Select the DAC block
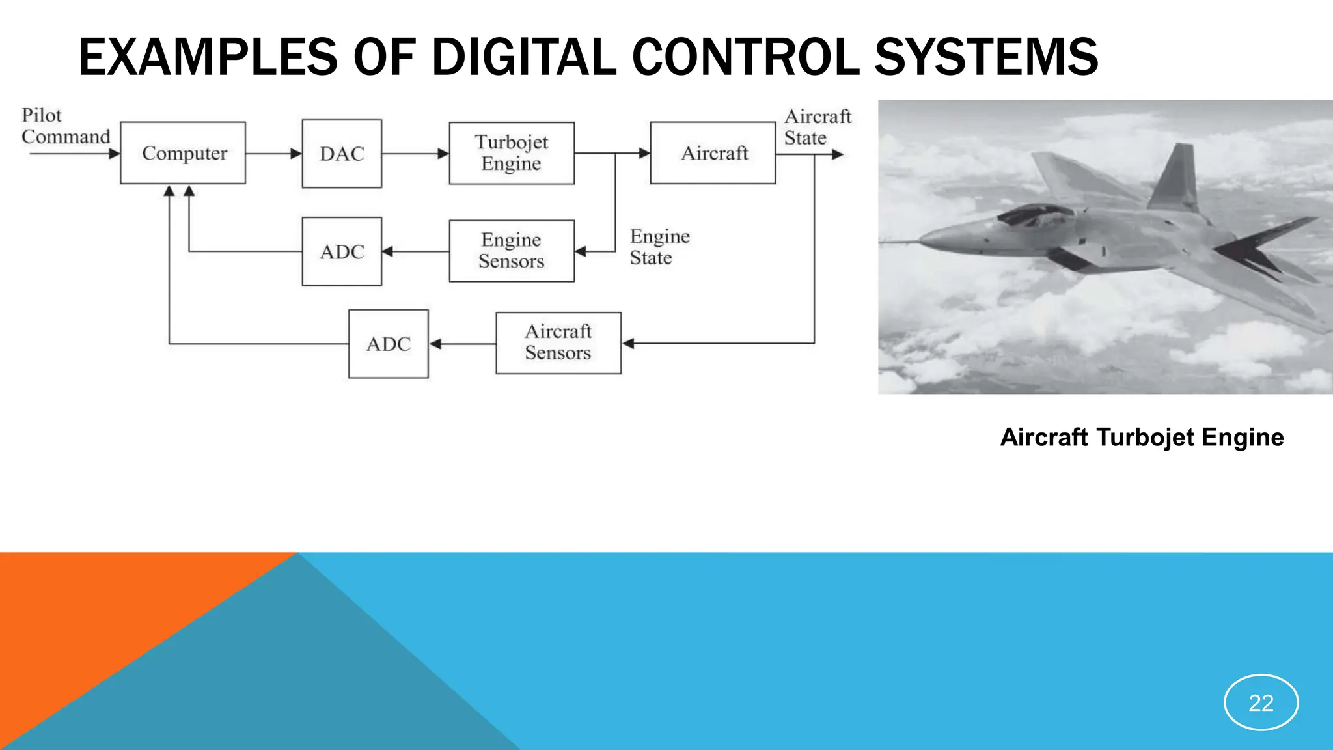(x=342, y=154)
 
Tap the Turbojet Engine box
(x=512, y=153)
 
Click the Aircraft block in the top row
(x=713, y=153)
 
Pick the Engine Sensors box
(x=512, y=251)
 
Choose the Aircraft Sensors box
(x=558, y=342)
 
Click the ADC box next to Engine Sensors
(x=342, y=251)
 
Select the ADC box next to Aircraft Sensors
(x=389, y=344)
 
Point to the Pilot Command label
(x=65, y=126)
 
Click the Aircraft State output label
(x=817, y=127)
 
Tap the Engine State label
(x=659, y=247)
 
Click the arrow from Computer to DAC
(x=274, y=154)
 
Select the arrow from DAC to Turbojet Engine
(x=415, y=154)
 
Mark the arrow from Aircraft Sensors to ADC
(x=462, y=344)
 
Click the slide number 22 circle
(x=1261, y=702)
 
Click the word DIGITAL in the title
(x=524, y=57)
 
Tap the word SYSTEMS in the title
(x=986, y=57)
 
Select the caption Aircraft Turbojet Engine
(x=1142, y=437)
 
